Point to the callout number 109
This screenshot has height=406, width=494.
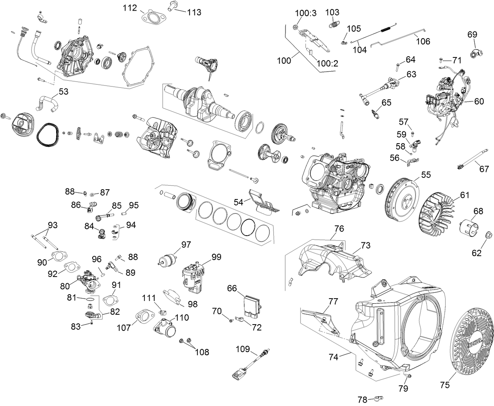click(x=243, y=349)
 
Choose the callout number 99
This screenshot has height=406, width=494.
click(x=216, y=257)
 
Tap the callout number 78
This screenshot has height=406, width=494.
click(x=362, y=400)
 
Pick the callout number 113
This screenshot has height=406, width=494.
click(x=194, y=12)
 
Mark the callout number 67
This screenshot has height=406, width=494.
click(x=485, y=169)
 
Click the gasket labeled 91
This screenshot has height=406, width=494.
click(x=111, y=301)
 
